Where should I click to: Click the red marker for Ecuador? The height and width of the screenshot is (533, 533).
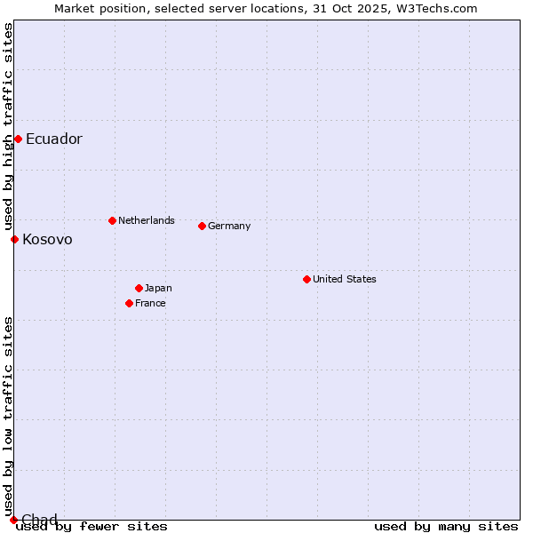[18, 139]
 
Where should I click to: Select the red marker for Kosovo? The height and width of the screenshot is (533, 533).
[14, 239]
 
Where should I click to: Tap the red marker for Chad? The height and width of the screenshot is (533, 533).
[13, 520]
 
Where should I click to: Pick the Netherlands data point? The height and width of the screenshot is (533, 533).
[112, 220]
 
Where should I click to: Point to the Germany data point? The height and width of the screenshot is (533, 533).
[202, 226]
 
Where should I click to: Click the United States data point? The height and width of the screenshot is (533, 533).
[306, 279]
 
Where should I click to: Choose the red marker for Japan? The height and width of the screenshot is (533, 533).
[139, 288]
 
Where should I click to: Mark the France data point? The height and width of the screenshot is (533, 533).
[129, 303]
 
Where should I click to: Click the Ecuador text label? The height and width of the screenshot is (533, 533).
[54, 139]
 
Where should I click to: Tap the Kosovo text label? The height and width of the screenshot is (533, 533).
[48, 240]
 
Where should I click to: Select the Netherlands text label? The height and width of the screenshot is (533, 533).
[147, 220]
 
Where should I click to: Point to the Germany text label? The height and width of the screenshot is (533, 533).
[229, 226]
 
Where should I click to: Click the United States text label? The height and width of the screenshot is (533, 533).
[345, 279]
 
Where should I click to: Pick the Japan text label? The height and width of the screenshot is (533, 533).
[158, 288]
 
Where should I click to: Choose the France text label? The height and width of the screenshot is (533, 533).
[151, 303]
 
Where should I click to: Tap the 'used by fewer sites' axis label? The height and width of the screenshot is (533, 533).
[92, 527]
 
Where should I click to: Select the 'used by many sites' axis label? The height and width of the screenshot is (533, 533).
[446, 527]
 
